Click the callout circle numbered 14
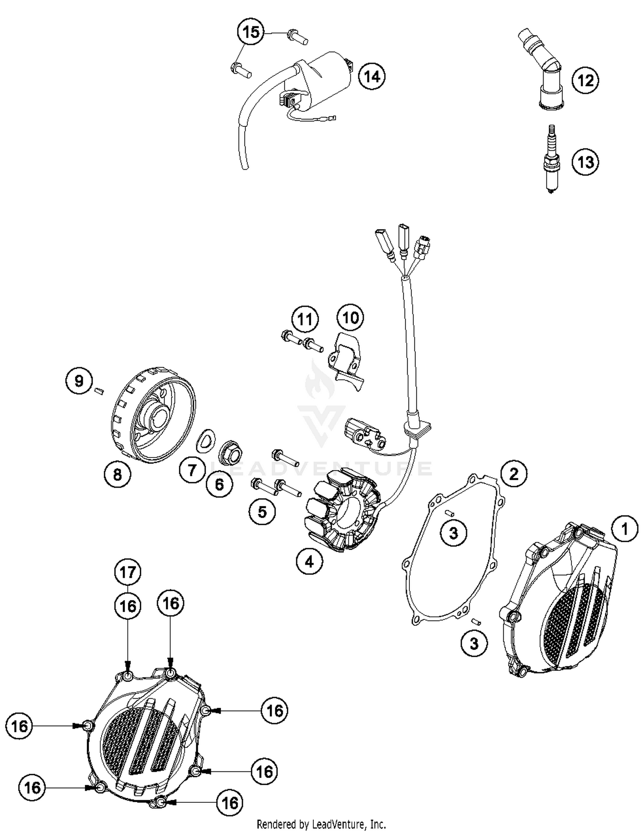click(x=372, y=77)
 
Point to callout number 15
click(x=251, y=32)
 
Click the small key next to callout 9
click(x=100, y=390)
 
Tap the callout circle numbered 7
click(x=192, y=470)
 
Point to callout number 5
click(x=262, y=511)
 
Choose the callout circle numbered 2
click(x=514, y=473)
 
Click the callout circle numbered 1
click(x=625, y=529)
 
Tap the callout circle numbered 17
click(x=128, y=572)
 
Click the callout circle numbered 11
click(x=305, y=319)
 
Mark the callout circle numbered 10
click(x=350, y=317)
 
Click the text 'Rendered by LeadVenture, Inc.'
click(x=321, y=824)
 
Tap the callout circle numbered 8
click(x=117, y=474)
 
